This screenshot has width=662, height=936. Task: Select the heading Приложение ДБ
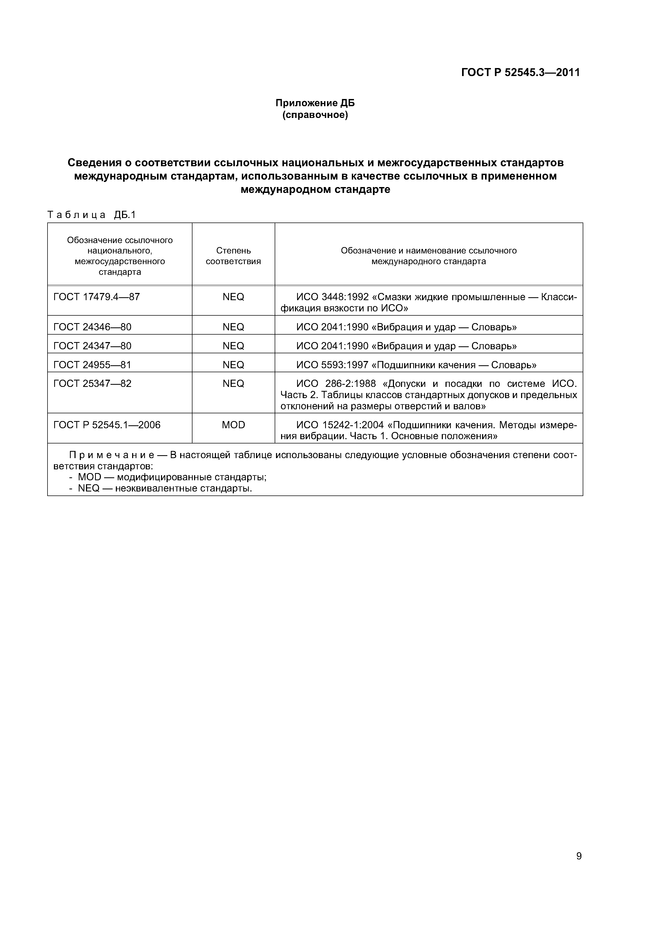click(315, 103)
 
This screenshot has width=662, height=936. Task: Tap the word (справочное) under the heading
click(315, 115)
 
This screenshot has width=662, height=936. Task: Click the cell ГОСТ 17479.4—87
click(96, 297)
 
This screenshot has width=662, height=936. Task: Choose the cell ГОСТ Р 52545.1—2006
click(107, 425)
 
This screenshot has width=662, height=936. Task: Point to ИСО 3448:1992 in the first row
click(332, 297)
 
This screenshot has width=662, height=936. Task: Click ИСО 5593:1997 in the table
click(332, 365)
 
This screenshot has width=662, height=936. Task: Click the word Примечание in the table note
click(111, 455)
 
